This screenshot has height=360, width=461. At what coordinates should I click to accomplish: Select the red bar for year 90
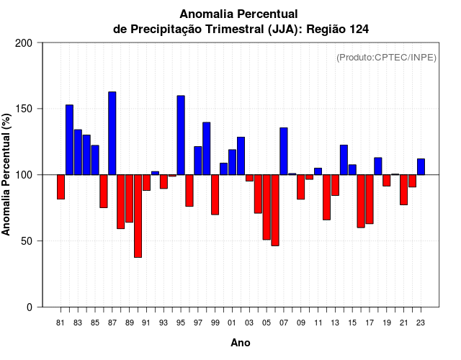[x=138, y=216]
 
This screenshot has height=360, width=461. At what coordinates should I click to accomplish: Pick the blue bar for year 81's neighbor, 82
[x=69, y=140]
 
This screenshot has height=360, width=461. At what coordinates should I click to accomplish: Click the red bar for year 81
[x=61, y=186]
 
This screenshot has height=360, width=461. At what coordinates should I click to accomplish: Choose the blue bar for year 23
[x=421, y=166]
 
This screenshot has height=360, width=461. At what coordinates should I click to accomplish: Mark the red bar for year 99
[x=215, y=194]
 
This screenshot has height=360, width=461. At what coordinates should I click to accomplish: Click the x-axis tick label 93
[x=164, y=323]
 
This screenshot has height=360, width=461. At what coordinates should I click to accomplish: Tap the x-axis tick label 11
[x=318, y=323]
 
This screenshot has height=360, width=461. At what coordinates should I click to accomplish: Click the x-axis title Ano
[x=241, y=343]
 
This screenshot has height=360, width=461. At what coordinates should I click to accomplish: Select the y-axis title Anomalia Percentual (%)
[x=7, y=174]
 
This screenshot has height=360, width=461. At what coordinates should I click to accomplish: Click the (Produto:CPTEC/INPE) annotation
[x=386, y=58]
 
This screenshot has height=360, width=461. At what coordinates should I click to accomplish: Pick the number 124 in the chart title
[x=364, y=29]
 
